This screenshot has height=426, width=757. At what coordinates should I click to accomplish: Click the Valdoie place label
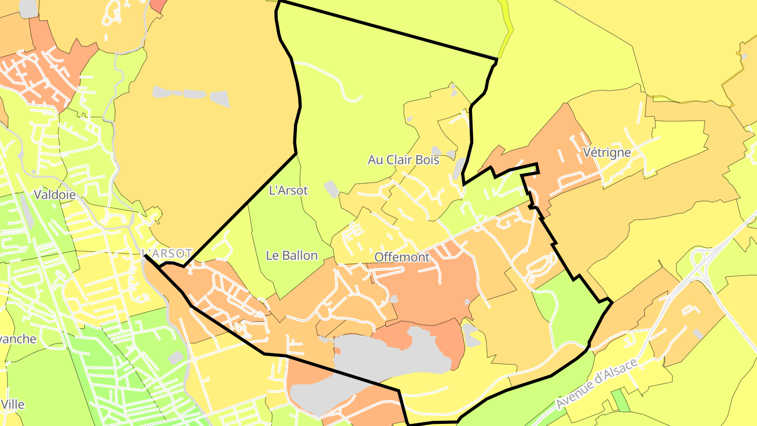coord(55,195)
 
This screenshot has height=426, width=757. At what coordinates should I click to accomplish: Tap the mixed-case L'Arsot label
coord(288,190)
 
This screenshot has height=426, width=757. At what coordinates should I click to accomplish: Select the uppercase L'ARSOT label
coord(168,252)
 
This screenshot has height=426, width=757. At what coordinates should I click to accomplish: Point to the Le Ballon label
coord(292,256)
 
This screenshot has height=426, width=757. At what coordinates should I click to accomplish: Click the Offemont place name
coord(402,257)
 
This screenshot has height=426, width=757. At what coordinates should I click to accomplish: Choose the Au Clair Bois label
coord(403,159)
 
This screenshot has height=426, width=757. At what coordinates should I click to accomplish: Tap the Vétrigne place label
coord(607,153)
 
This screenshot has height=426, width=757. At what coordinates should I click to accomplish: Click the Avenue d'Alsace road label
coord(597,383)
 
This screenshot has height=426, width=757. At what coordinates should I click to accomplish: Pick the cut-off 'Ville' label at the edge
coord(13,404)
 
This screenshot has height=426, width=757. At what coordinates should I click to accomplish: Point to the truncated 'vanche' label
coord(18,339)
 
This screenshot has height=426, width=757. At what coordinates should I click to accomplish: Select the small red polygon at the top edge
coord(158,5)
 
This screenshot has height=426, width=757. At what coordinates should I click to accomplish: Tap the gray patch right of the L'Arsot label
coord(331,189)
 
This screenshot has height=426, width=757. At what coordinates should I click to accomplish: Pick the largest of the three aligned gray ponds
coord(220,98)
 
